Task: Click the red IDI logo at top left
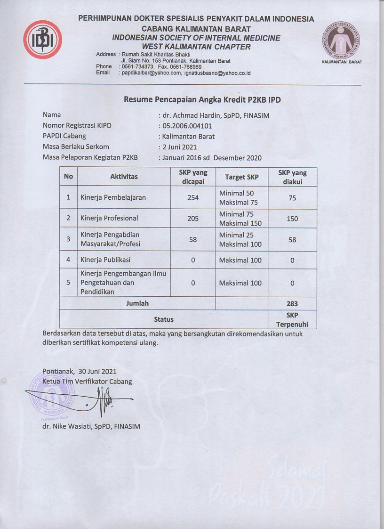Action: point(42,40)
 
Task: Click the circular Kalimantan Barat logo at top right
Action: point(342,41)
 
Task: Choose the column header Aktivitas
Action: point(124,177)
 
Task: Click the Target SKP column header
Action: point(241,177)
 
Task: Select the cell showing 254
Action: point(193,198)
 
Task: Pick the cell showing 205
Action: point(193,219)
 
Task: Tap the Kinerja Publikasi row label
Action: point(105,260)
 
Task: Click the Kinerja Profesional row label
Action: point(109,218)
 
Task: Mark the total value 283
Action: point(292,304)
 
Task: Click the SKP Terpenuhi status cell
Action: point(292,320)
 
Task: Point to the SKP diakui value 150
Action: point(292,219)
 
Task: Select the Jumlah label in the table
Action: point(137,303)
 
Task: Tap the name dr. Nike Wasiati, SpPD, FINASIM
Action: point(91,427)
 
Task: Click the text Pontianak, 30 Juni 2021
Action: point(79,371)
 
